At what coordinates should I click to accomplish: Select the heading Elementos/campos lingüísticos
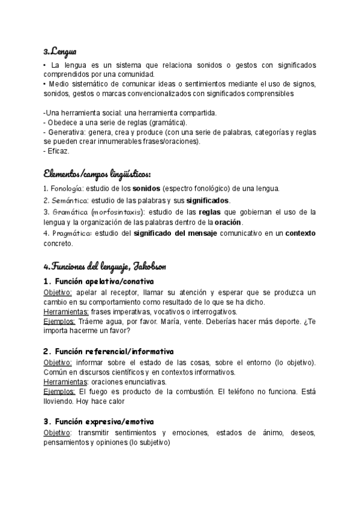[x=97, y=175]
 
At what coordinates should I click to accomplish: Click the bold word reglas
[x=214, y=212]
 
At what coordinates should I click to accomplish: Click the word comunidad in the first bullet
[x=133, y=74]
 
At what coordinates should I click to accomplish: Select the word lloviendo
[x=61, y=401]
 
